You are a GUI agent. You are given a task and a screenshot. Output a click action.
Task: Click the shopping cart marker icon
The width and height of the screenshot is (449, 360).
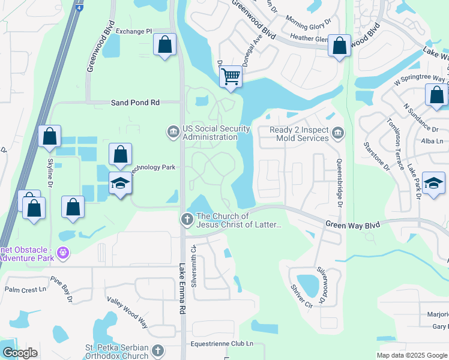(231, 77)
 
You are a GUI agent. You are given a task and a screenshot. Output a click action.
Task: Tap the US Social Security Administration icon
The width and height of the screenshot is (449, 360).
(173, 132)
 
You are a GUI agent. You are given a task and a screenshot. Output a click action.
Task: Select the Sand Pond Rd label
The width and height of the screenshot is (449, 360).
(135, 103)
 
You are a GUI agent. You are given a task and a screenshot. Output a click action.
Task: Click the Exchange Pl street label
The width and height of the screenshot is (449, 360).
(134, 31)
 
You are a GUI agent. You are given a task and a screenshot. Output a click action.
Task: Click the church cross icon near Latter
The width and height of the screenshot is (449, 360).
(187, 220)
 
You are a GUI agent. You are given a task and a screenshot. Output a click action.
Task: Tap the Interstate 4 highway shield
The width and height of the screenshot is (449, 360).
(79, 9)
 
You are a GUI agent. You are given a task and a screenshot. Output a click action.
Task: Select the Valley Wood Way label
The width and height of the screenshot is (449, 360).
(127, 312)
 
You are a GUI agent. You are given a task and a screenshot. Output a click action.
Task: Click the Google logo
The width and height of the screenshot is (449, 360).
(20, 353)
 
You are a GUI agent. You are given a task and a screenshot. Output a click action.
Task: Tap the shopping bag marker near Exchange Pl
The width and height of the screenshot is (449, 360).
(164, 44)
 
